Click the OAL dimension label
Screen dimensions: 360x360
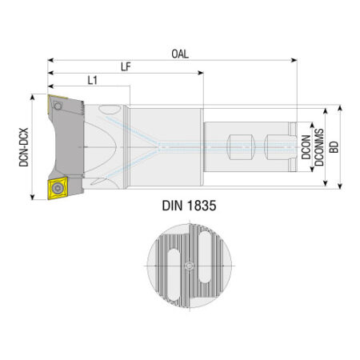tap(180, 54)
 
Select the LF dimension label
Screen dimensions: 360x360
tap(126, 66)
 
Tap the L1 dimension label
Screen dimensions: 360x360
tap(93, 80)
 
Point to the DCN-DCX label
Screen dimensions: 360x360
tap(24, 147)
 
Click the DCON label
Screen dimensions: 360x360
tap(306, 147)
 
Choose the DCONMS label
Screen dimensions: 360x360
tap(319, 147)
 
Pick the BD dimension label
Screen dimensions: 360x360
tap(334, 147)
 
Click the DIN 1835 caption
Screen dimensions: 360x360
tap(189, 206)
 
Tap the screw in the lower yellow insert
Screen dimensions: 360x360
tap(57, 188)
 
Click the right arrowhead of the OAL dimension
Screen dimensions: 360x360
tap(294, 60)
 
